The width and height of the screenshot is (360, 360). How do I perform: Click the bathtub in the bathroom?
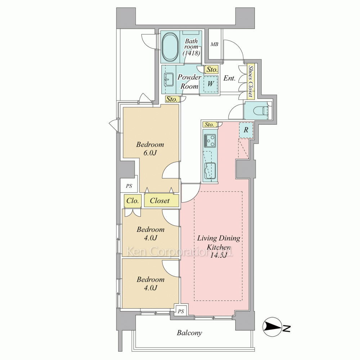click(x=170, y=47)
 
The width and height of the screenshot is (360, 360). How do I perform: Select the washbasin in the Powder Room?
click(x=169, y=80)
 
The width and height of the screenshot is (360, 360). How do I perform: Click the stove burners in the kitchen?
click(x=210, y=140)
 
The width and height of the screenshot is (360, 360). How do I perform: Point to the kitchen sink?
click(x=209, y=171)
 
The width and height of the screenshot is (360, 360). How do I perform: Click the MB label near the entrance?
click(x=215, y=44)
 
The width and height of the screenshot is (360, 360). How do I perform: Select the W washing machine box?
click(x=211, y=84)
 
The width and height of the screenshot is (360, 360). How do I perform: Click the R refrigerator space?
click(x=246, y=130)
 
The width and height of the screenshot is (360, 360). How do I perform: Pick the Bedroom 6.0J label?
click(x=150, y=149)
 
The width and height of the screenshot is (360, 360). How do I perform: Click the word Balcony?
click(x=190, y=333)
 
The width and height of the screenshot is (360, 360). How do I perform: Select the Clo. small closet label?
click(x=132, y=201)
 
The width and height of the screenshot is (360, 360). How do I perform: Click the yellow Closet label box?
click(x=161, y=201)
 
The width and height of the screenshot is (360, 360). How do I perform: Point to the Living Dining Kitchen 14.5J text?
click(x=219, y=247)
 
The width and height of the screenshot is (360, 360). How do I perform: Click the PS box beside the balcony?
click(x=181, y=311)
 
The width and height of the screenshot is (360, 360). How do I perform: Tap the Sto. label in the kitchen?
click(x=209, y=125)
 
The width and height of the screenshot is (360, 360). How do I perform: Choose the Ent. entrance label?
click(x=229, y=78)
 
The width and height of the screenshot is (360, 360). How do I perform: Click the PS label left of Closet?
click(x=129, y=186)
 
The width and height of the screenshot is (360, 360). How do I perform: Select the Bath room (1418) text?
click(x=191, y=47)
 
